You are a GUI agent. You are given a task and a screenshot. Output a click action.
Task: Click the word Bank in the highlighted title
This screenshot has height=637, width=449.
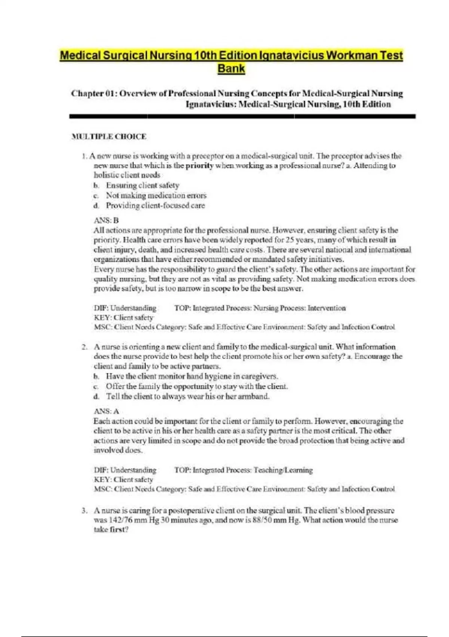click(231, 69)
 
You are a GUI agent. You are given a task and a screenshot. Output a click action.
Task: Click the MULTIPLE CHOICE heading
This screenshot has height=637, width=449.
click(109, 137)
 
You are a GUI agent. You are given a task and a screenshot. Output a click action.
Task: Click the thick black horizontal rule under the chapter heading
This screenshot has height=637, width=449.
click(242, 117)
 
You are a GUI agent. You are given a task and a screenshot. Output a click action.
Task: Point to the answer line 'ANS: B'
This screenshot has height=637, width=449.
click(106, 220)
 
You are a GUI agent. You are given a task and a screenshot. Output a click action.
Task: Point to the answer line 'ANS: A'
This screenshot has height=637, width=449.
click(106, 411)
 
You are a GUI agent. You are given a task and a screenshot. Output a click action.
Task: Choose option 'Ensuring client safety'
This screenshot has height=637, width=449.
click(143, 185)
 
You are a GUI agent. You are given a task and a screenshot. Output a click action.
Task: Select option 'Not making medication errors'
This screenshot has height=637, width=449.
click(156, 196)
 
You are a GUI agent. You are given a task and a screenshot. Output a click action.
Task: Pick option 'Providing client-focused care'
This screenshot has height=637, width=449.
click(155, 206)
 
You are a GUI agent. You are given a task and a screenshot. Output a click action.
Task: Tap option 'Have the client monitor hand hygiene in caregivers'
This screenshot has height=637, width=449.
click(192, 376)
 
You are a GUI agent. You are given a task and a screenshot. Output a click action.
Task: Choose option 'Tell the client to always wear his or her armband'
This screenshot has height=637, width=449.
click(187, 396)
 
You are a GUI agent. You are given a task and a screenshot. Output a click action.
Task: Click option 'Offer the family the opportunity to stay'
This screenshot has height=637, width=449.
click(197, 386)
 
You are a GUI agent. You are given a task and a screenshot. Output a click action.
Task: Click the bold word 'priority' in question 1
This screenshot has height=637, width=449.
click(199, 166)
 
